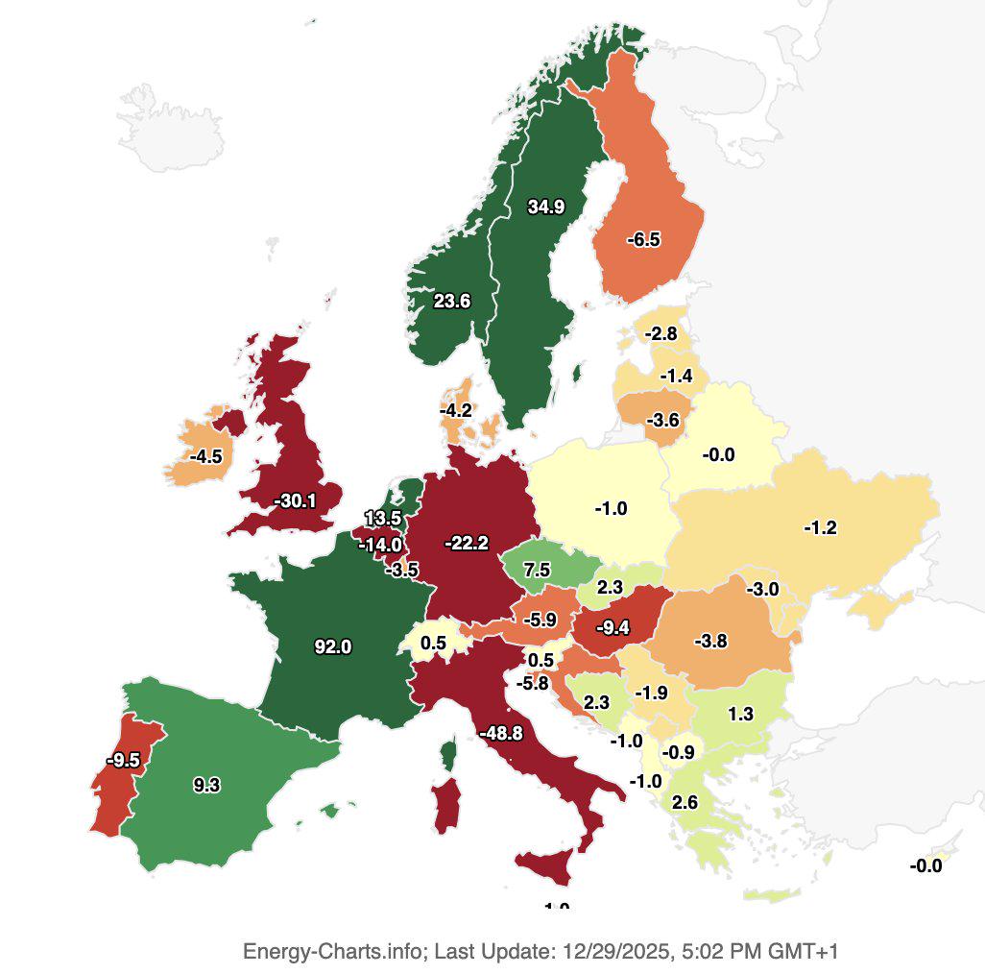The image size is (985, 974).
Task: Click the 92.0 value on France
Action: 332,646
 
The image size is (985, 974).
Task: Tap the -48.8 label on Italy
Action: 500,733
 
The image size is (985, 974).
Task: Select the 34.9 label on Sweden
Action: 545,207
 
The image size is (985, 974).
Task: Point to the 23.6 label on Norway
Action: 451,301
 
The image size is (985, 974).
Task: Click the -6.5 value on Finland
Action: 643,240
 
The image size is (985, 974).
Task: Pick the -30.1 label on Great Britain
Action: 295,500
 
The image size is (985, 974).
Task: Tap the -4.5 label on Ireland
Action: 205,456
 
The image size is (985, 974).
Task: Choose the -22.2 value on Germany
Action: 467,544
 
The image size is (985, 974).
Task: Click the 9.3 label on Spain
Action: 206,785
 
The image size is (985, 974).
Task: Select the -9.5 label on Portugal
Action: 123,760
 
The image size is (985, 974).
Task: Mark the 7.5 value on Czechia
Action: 537,570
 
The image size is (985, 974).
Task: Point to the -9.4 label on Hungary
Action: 612,628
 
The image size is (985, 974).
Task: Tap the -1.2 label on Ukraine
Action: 820,527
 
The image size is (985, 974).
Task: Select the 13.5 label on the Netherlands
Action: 383,519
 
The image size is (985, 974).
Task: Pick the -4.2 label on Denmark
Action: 455,410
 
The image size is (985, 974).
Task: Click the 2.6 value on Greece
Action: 685,803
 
